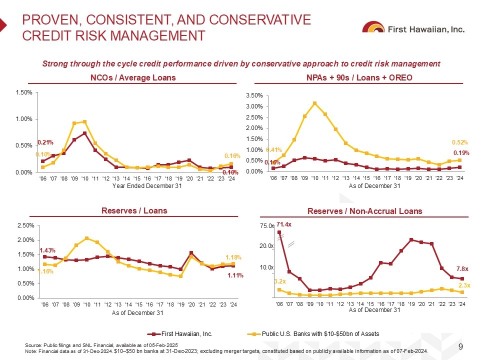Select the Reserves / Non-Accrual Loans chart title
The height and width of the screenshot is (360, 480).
coord(365,211)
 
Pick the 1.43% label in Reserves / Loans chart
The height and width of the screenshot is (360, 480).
coord(47,250)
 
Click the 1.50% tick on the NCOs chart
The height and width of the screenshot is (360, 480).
coord(24,92)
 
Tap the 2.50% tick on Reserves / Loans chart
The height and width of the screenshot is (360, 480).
coord(24,226)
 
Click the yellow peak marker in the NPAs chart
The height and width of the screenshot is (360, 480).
coord(314,103)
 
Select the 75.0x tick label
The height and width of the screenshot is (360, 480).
coord(267,226)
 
